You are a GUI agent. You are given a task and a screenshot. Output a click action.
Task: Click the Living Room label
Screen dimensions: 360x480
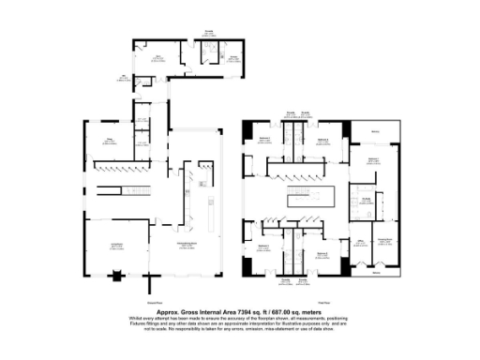point(117,246)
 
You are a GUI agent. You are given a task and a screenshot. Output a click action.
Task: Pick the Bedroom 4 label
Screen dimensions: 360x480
point(322,255)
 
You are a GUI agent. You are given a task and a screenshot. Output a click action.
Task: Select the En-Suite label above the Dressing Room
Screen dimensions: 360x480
point(367,199)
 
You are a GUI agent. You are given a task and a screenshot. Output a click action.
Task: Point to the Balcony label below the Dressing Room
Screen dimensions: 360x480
point(376,275)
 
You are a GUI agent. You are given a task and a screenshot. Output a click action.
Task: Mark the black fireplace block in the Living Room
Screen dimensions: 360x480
point(116,276)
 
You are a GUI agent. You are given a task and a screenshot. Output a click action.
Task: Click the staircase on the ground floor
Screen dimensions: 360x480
point(123,192)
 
